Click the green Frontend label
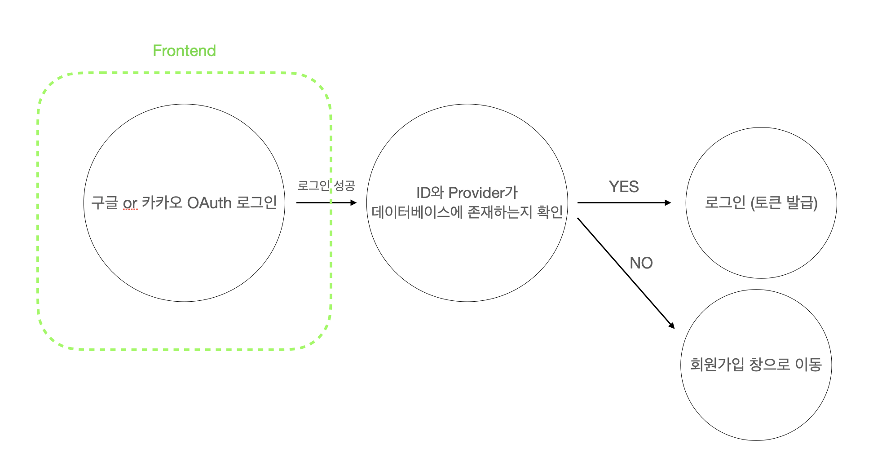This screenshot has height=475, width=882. tap(184, 51)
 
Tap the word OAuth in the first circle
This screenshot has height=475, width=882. tap(209, 203)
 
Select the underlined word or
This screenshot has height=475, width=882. tap(130, 203)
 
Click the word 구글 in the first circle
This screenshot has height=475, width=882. tap(104, 203)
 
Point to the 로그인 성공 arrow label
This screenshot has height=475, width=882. tap(326, 185)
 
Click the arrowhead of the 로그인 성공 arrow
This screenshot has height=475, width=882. tap(353, 203)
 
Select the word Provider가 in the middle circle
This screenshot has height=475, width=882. tap(483, 193)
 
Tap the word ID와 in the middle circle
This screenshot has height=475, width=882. tap(430, 193)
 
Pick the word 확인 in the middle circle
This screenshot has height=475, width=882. tap(550, 212)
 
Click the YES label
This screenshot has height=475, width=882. tap(624, 187)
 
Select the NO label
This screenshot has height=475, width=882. tap(641, 263)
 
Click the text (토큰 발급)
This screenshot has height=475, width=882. tap(784, 203)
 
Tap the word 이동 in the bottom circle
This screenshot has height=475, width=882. tap(808, 364)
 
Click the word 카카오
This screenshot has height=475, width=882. tap(162, 203)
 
